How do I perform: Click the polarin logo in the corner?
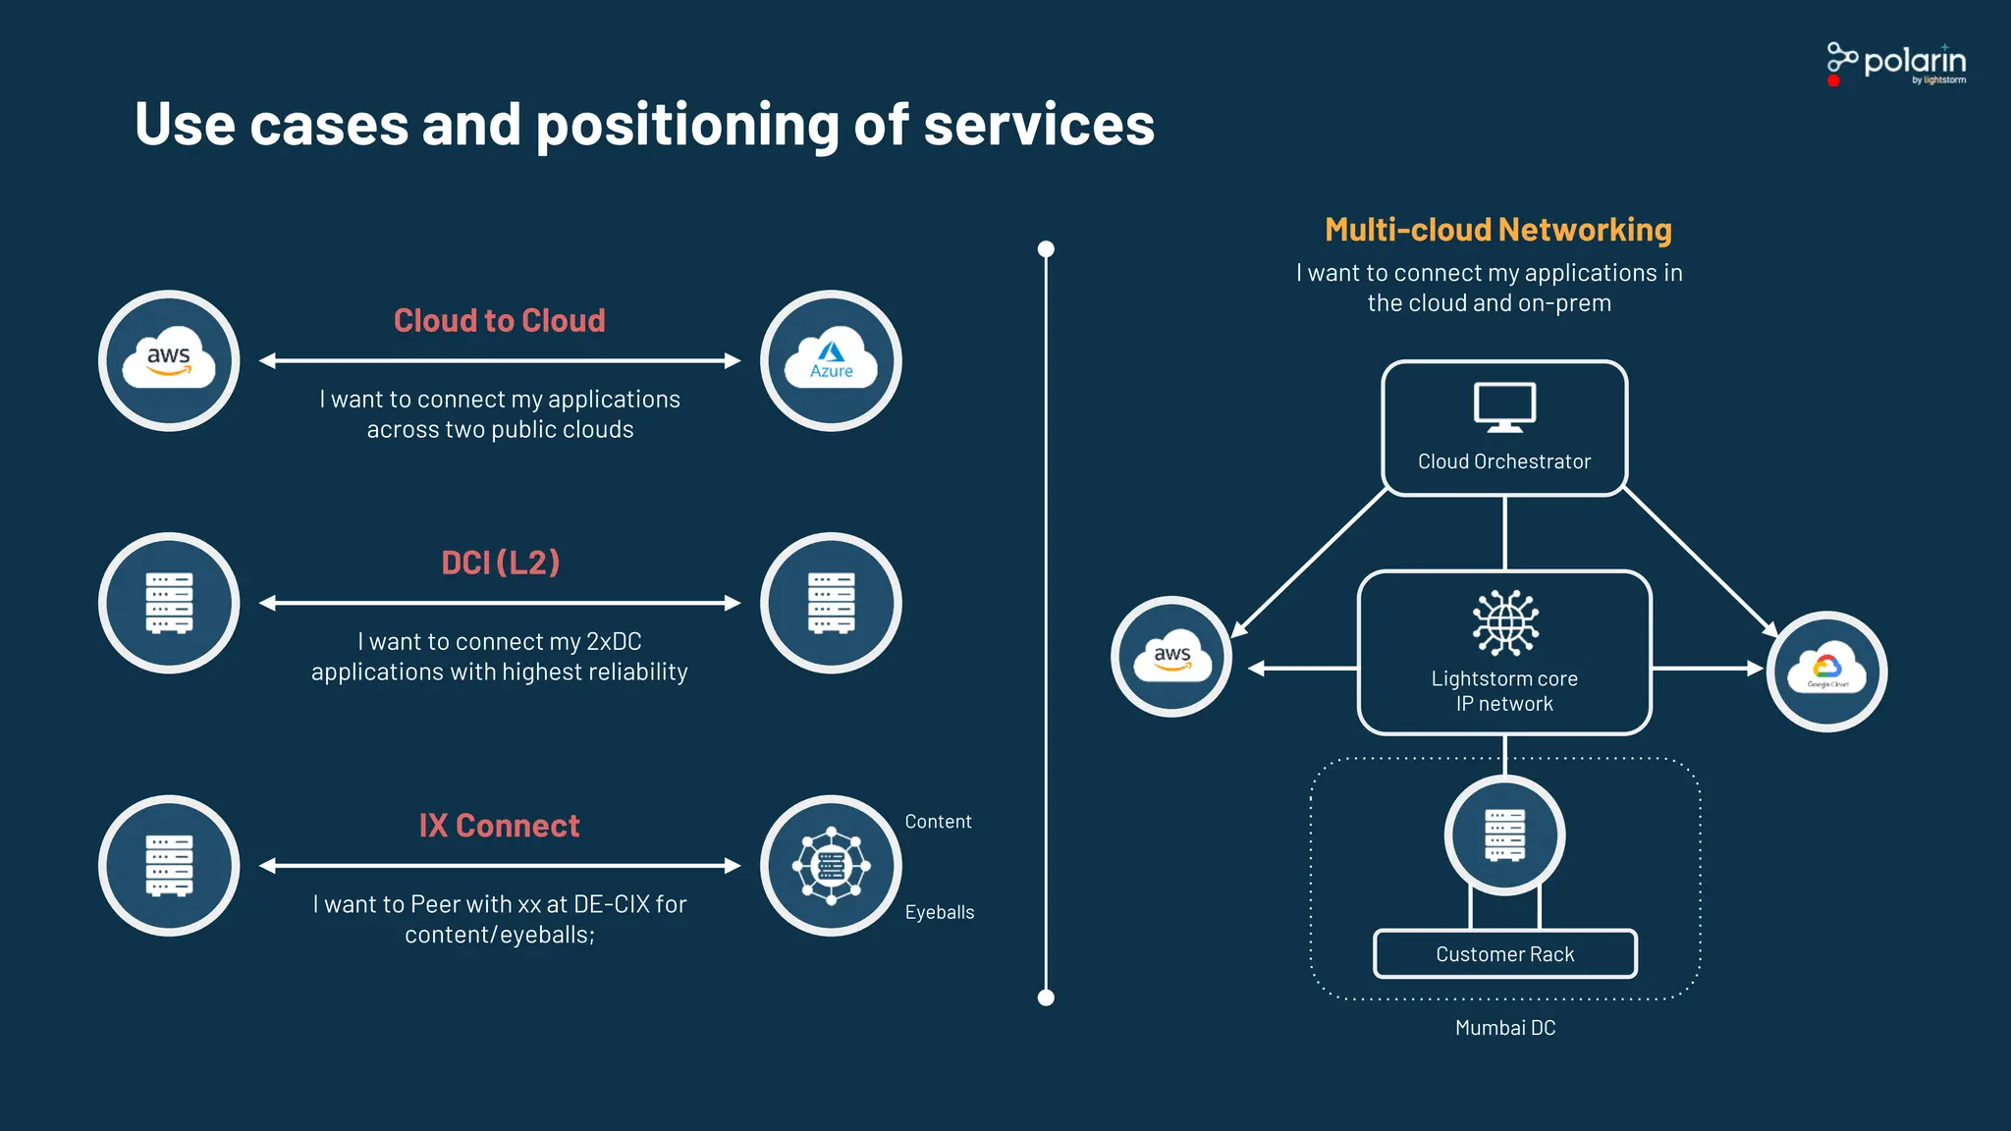click(x=1896, y=64)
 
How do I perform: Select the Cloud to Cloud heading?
click(x=499, y=321)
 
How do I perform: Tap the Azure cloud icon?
click(x=831, y=360)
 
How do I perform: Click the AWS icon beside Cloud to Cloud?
click(x=169, y=360)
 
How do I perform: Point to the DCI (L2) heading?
click(x=500, y=563)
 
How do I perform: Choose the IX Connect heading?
click(x=499, y=826)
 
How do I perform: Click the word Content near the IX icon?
click(x=938, y=822)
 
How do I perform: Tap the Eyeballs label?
click(x=940, y=912)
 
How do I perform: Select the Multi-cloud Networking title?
click(x=1497, y=230)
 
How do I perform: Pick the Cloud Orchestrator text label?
click(x=1504, y=461)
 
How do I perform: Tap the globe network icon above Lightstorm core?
click(x=1504, y=622)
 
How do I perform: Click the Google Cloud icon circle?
click(x=1826, y=672)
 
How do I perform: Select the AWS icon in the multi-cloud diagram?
click(x=1171, y=657)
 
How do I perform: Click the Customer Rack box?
click(x=1504, y=954)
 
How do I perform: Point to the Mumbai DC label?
click(x=1504, y=1028)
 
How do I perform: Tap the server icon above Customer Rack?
click(x=1504, y=835)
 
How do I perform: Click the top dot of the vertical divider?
click(x=1046, y=249)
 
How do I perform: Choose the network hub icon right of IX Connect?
click(x=831, y=866)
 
